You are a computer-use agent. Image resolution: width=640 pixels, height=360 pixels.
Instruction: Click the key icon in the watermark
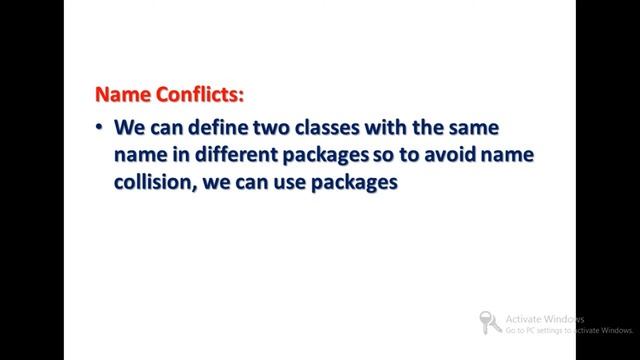tap(490, 321)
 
